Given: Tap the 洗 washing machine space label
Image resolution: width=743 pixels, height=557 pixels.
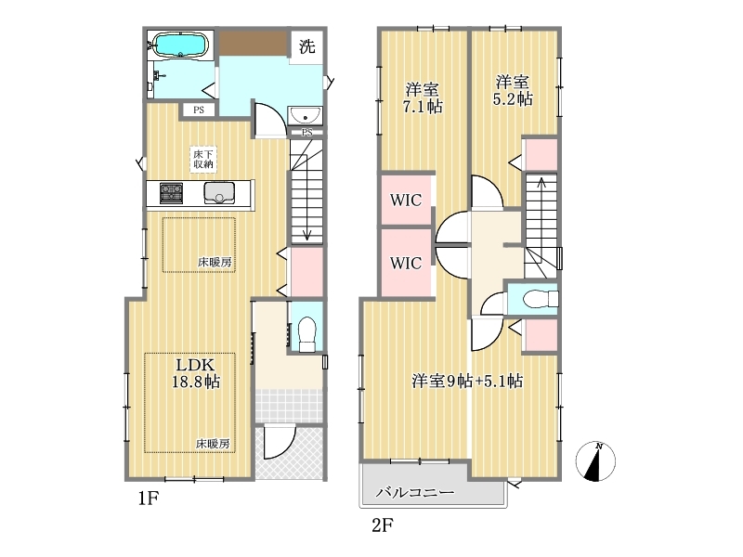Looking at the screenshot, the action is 307,46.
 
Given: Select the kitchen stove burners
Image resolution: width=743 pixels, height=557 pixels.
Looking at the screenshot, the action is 171,193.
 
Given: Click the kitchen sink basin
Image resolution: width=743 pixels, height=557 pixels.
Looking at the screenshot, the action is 219,193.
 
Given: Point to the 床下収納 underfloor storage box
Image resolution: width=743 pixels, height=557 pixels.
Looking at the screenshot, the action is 203,159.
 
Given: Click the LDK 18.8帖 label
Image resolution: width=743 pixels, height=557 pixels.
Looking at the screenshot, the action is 196,373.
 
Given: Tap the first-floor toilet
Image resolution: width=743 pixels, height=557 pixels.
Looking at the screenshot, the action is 307,333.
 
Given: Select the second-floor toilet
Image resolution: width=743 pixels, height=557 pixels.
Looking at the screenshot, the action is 541,299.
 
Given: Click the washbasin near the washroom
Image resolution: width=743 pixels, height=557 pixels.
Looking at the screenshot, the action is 306,115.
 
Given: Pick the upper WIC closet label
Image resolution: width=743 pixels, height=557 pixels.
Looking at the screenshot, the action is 406,200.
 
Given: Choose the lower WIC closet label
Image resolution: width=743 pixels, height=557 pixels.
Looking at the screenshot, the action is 406,263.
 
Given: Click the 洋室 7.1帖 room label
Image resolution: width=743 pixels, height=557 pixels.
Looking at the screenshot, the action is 423,98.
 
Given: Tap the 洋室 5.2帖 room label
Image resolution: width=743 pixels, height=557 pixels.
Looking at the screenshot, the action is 513,90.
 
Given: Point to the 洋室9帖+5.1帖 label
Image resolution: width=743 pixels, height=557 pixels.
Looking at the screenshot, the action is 467,381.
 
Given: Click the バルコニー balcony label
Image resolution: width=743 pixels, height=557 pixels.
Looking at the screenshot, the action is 415,493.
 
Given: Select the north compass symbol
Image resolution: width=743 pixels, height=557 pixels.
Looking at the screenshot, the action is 595,460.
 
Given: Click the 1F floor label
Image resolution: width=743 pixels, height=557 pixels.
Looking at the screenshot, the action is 149,499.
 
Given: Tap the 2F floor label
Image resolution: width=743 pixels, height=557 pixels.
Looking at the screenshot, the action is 382,525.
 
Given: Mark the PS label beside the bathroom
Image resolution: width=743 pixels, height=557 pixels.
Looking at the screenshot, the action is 199,110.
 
